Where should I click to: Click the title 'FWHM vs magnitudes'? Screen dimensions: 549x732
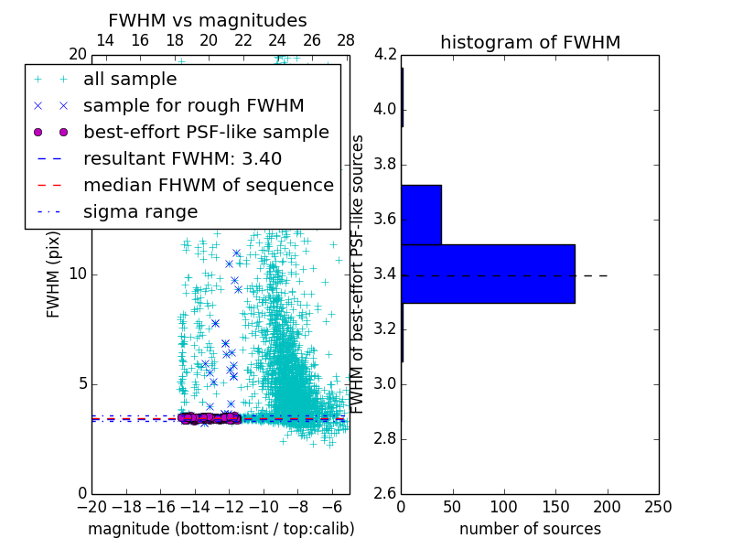click(x=208, y=21)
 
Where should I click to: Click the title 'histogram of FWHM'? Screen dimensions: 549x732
click(x=530, y=43)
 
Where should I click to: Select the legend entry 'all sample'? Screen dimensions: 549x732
click(x=130, y=80)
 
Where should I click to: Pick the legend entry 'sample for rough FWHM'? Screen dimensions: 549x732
click(x=193, y=106)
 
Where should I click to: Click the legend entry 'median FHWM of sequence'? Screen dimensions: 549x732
click(x=208, y=186)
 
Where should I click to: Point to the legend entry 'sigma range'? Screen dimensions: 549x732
click(x=140, y=212)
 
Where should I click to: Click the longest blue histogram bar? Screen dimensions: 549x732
click(x=488, y=274)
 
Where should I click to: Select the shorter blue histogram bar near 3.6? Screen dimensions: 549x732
click(x=421, y=215)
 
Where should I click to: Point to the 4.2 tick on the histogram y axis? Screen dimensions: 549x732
click(x=385, y=55)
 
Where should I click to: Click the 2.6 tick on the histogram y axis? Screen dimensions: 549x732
click(x=385, y=493)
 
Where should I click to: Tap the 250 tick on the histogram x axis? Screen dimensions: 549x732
click(x=658, y=507)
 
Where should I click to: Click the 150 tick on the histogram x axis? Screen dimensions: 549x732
click(x=555, y=507)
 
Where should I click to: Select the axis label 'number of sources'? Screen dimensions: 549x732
click(x=530, y=529)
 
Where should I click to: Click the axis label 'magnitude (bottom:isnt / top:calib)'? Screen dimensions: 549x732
click(x=221, y=529)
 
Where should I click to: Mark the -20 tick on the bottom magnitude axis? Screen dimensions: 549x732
click(x=91, y=507)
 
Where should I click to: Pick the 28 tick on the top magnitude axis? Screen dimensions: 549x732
click(x=346, y=40)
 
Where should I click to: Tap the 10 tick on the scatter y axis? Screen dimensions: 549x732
click(x=79, y=274)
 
